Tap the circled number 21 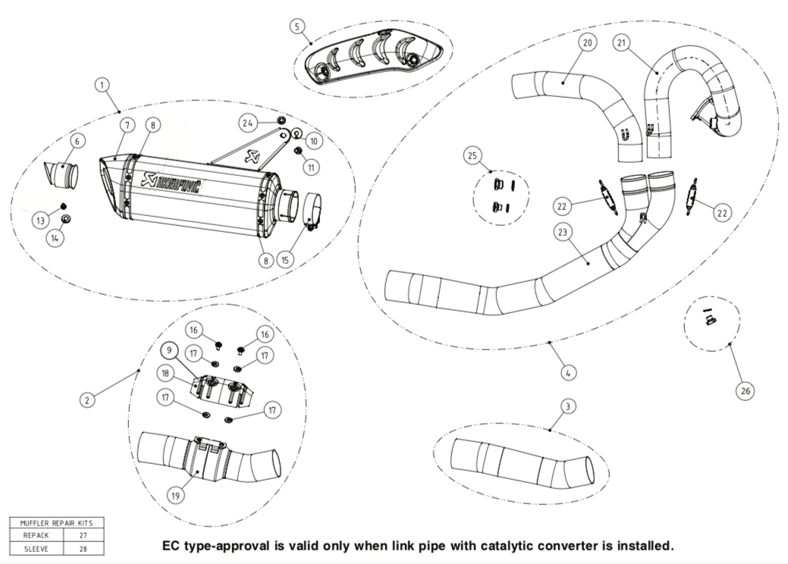pos(623,43)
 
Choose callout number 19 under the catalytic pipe pos(175,496)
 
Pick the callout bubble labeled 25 pos(473,155)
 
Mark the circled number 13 pos(40,220)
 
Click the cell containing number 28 pos(82,547)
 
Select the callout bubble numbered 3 pos(567,407)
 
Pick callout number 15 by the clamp pos(286,259)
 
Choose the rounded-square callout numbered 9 pos(169,350)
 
